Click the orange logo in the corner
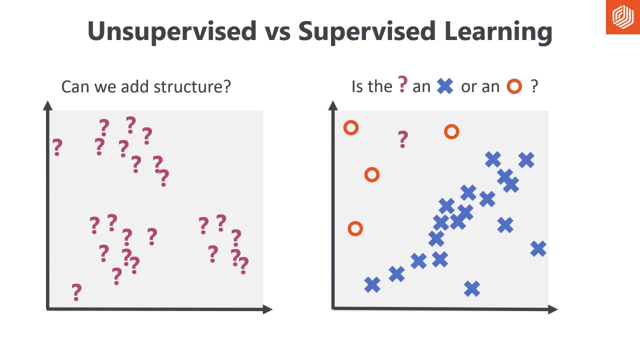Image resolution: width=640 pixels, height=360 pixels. coord(623,17)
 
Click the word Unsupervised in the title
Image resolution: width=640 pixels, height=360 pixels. coord(172,31)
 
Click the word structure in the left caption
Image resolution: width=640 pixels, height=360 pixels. coord(192,86)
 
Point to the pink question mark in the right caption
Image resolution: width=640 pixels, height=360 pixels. coord(403,84)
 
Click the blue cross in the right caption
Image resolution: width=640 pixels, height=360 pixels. coord(444,86)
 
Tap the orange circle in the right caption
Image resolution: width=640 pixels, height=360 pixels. coord(514,87)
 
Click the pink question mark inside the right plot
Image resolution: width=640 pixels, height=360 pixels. coord(403,139)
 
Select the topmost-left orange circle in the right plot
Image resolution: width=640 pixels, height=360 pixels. coord(351,128)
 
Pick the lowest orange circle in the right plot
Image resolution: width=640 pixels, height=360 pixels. coord(355,229)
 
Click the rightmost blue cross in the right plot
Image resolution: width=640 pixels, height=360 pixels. coord(538,248)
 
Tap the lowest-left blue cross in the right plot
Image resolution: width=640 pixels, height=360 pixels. coord(372,285)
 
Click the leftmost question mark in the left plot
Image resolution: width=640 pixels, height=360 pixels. coord(57,147)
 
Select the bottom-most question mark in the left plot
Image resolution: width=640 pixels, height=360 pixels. coord(76,292)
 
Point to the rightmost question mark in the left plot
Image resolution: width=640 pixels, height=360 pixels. coord(243,265)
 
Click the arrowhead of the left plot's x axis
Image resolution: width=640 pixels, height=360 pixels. coord(268,309)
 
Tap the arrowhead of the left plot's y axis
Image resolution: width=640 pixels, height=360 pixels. coord(48,105)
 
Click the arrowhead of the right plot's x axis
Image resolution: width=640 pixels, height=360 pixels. coord(553,309)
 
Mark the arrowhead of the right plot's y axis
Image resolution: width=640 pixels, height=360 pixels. coord(333,105)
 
